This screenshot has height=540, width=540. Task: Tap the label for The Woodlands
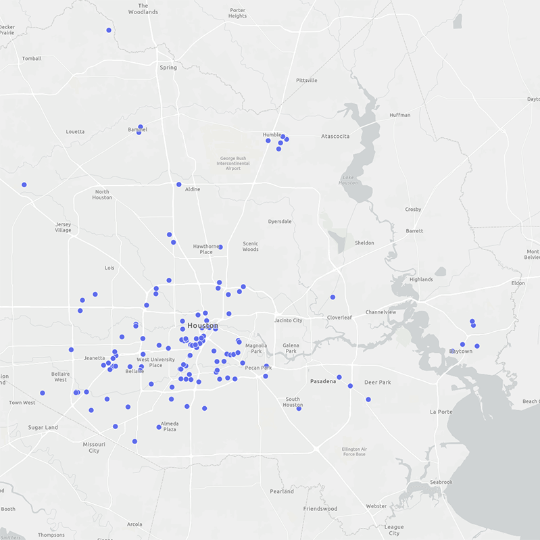pos(143,9)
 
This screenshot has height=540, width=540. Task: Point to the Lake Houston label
pos(348,180)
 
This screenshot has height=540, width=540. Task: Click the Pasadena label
pos(322,381)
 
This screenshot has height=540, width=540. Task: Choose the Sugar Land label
pos(43,427)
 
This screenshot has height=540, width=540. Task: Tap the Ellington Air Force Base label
pos(354,451)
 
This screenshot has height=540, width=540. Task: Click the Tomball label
pos(32,59)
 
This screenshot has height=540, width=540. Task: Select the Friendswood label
pos(320,508)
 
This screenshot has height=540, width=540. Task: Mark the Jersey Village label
pos(63,227)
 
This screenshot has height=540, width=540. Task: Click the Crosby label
pos(413,210)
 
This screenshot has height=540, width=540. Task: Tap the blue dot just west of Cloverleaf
pos(333,297)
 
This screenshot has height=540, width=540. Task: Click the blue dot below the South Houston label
pos(299,408)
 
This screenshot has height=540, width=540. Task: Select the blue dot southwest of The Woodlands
pos(109,30)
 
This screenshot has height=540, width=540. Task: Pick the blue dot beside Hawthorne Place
pos(220,247)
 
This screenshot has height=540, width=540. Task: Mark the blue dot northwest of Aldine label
pos(179,185)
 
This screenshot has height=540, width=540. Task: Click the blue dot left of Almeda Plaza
pos(159,427)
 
